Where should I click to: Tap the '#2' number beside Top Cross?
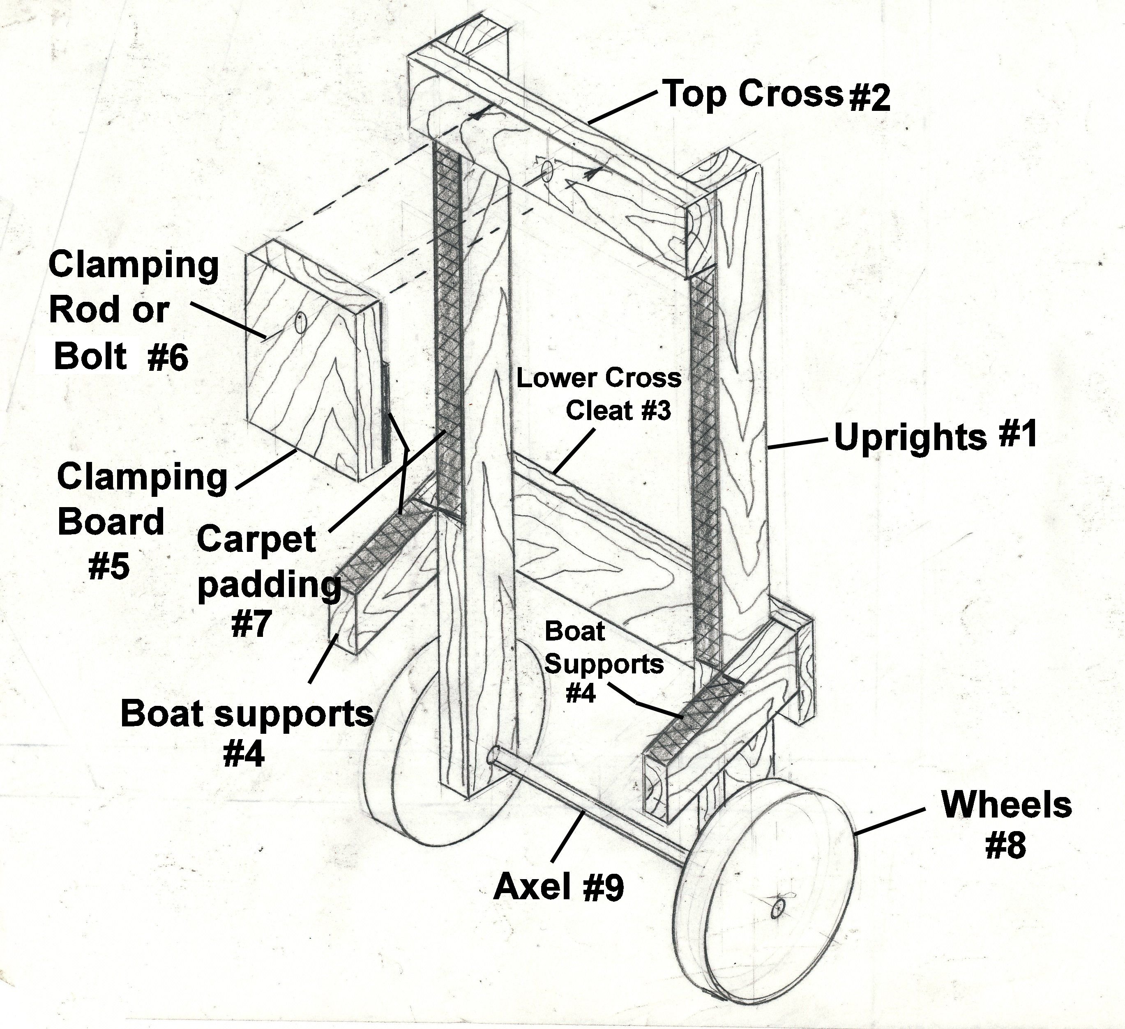click(869, 98)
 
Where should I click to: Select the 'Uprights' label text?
click(910, 438)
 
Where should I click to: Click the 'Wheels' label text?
click(1006, 805)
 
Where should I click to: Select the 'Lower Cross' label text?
click(599, 378)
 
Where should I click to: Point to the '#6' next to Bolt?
click(168, 358)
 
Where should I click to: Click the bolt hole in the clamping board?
click(301, 323)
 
